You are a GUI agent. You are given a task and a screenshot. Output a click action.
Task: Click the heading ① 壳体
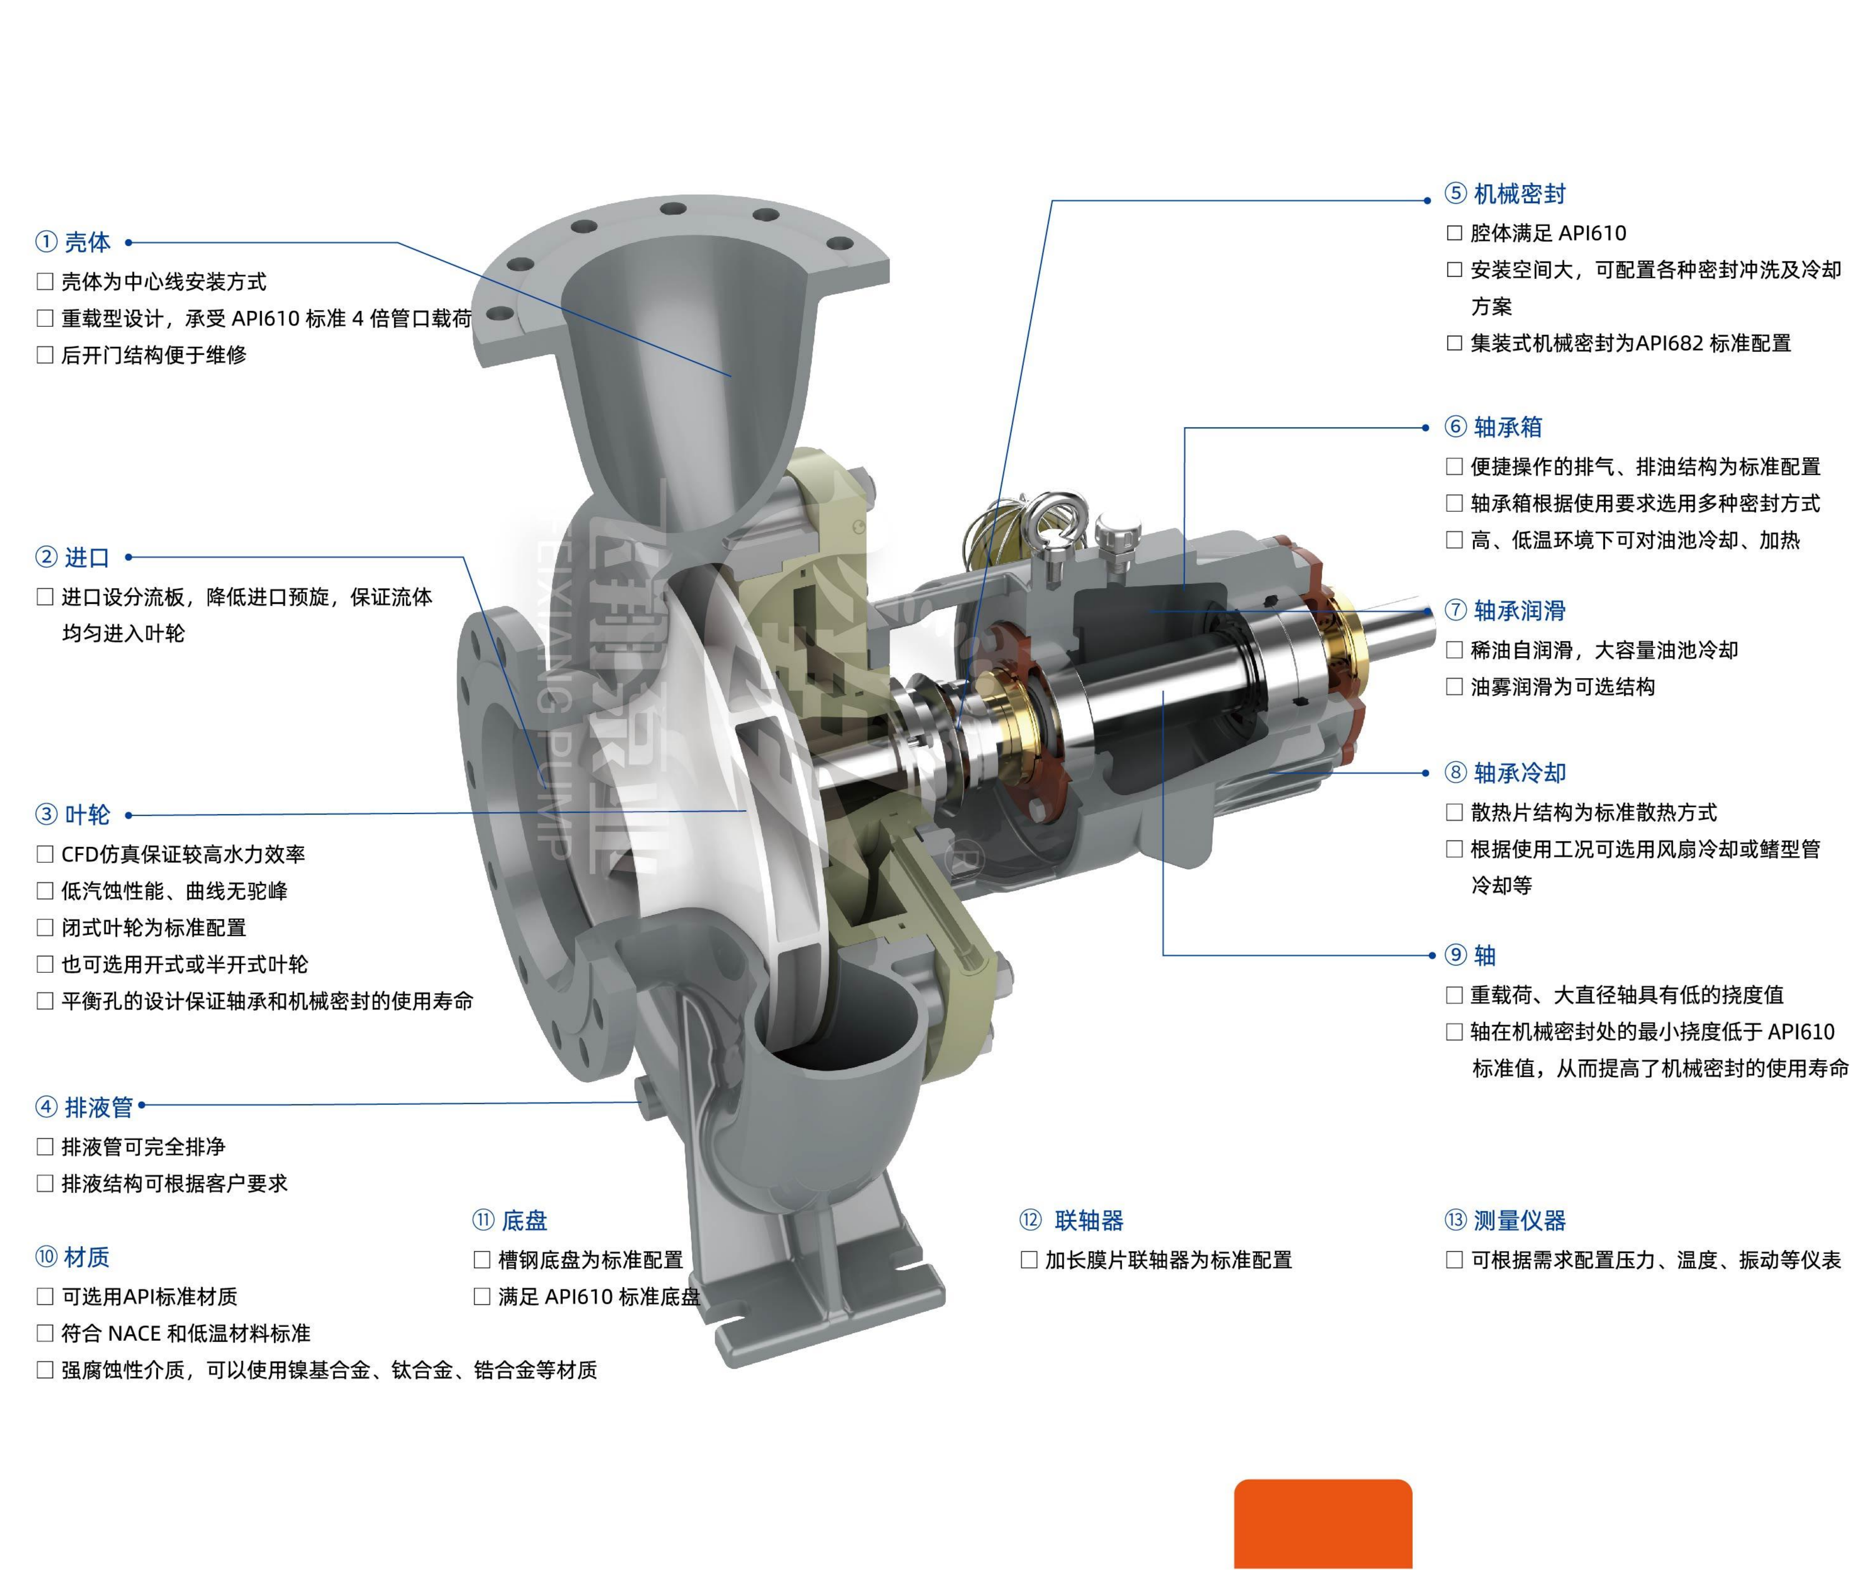73,242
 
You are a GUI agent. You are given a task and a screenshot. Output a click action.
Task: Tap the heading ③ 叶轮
73,814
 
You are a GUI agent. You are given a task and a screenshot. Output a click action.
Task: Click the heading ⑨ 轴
1470,955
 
